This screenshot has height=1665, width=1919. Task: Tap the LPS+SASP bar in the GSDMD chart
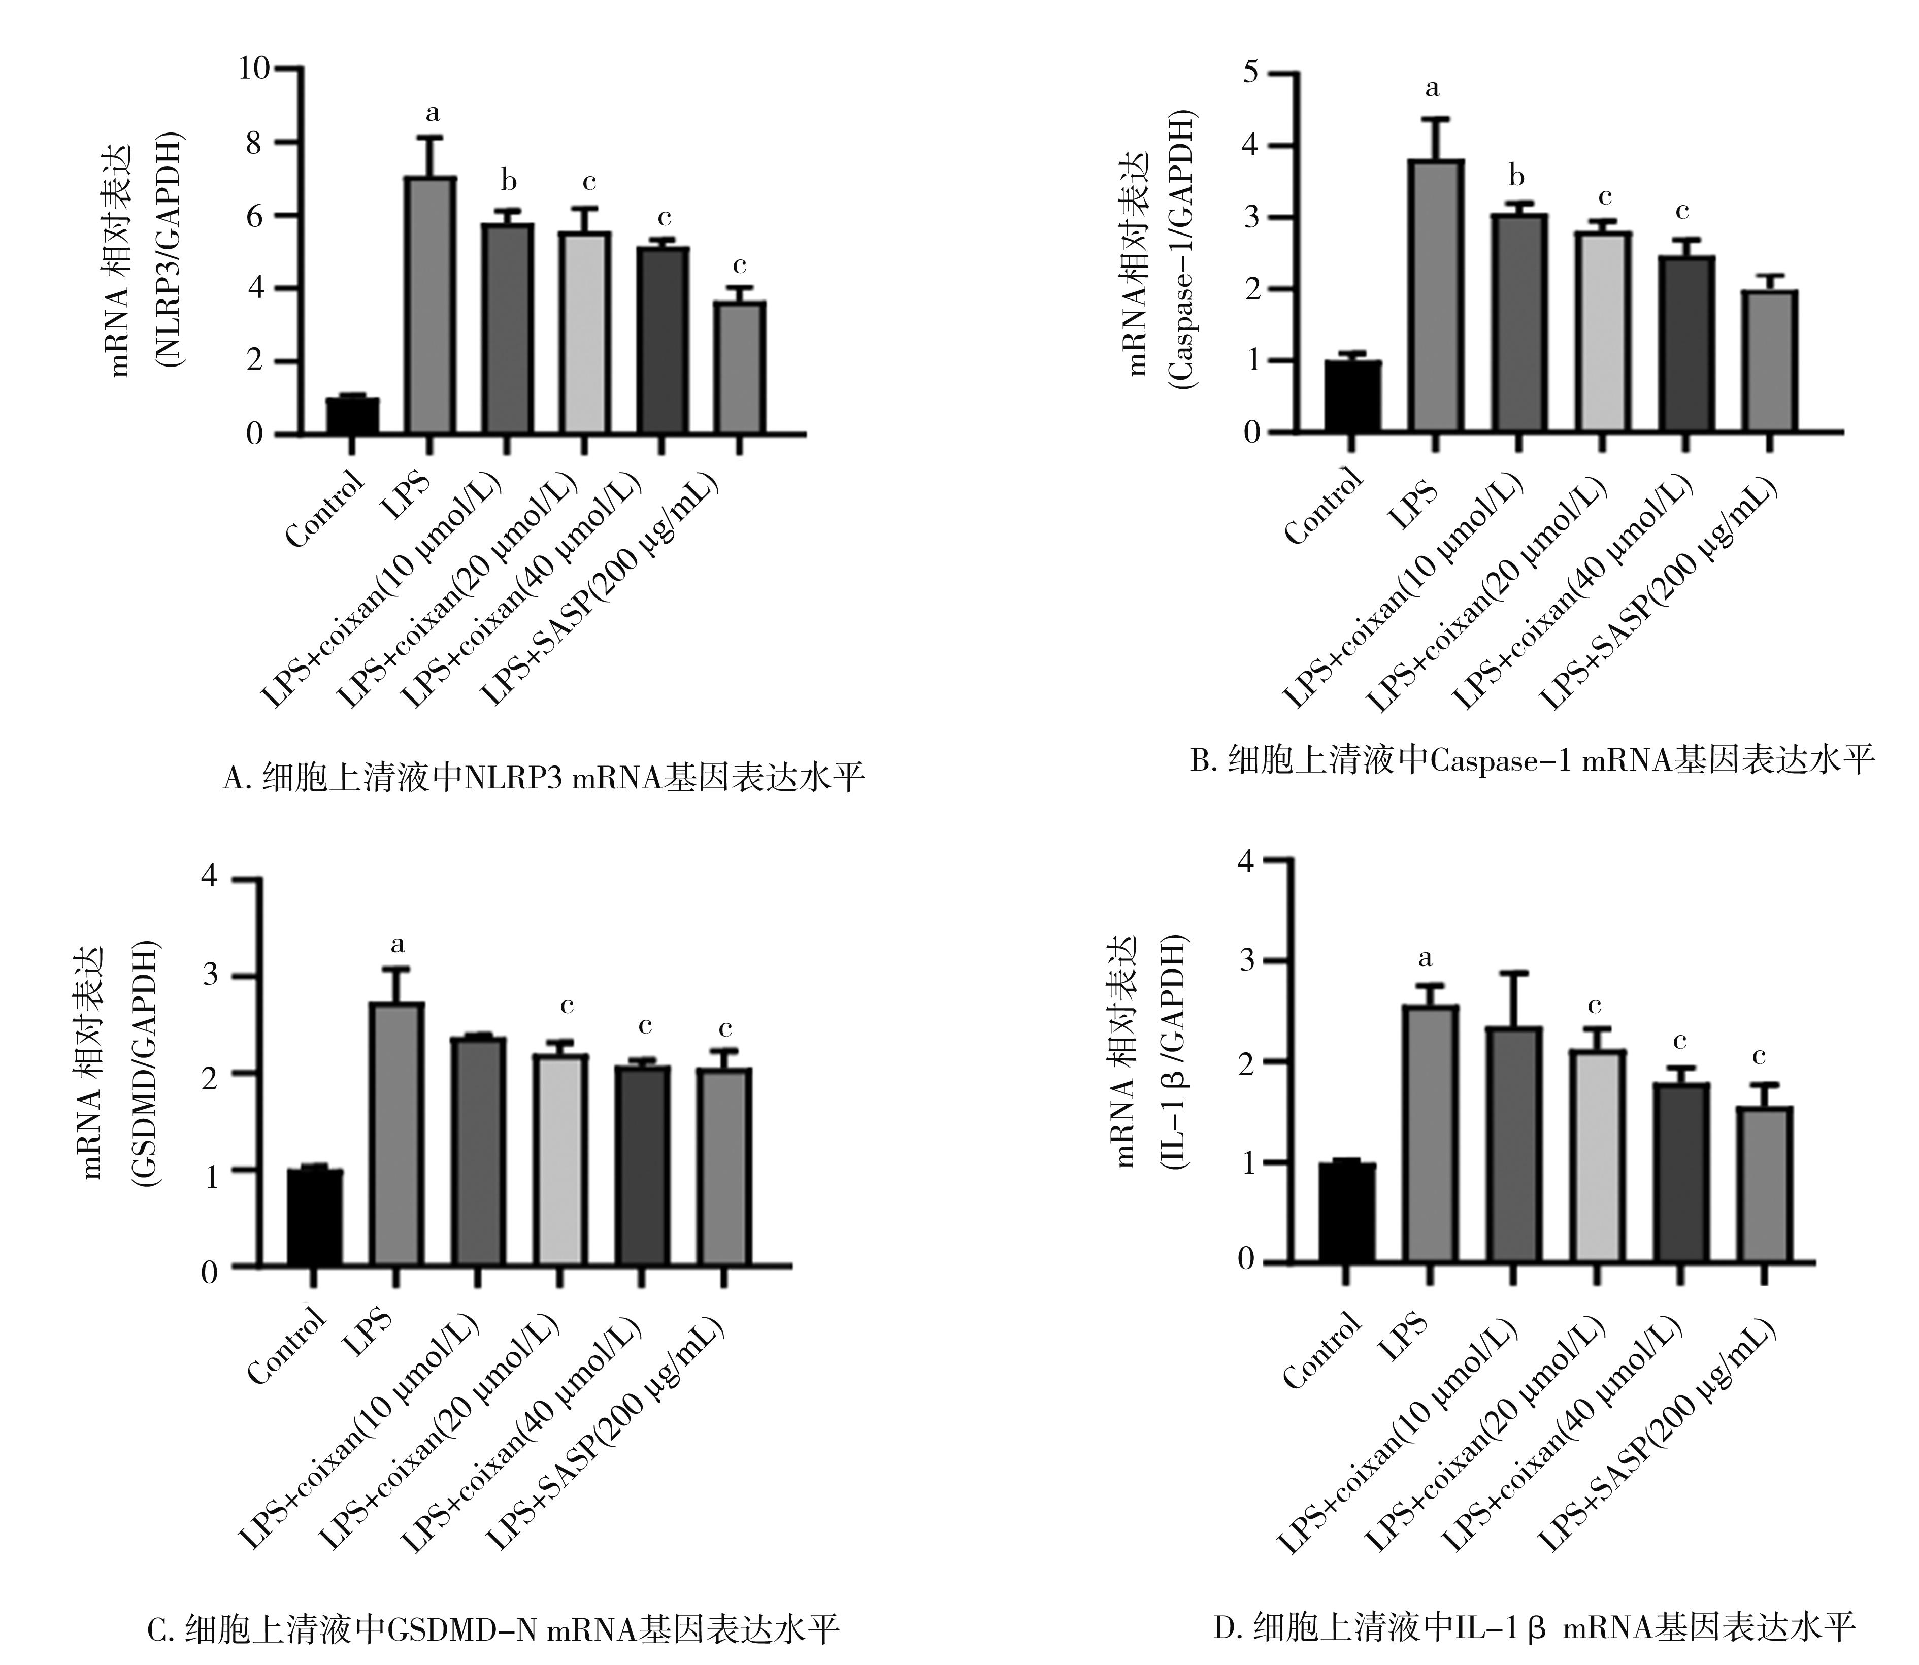(x=725, y=1166)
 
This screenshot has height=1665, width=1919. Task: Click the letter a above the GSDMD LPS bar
(x=398, y=945)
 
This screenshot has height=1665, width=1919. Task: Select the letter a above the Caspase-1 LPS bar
(x=1432, y=89)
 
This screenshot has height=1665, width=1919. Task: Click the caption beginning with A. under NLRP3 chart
(x=544, y=777)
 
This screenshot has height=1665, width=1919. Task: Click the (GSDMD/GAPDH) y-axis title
(x=144, y=1064)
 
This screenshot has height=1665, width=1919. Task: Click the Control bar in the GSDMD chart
(x=314, y=1217)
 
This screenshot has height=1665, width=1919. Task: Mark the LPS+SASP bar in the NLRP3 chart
(x=740, y=367)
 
